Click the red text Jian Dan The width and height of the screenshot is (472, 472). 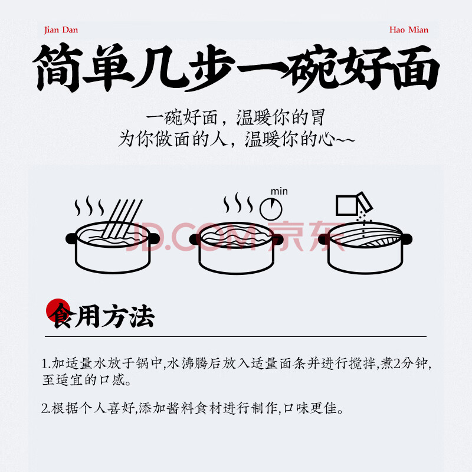[x=61, y=30]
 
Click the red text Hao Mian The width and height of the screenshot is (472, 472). [x=408, y=30]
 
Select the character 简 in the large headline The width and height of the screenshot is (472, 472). [x=58, y=68]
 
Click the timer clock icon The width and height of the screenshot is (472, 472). [x=271, y=209]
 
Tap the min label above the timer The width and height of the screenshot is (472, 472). [x=279, y=191]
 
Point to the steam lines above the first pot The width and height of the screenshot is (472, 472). [x=89, y=205]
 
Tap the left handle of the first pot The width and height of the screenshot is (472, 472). [x=71, y=239]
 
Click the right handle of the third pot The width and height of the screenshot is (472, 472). [x=407, y=239]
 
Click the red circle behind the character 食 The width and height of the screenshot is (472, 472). [x=58, y=310]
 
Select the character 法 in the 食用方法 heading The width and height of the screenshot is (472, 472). [x=142, y=316]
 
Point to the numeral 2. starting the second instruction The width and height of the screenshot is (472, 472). [x=46, y=408]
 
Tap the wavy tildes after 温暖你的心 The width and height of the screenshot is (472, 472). [x=345, y=140]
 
